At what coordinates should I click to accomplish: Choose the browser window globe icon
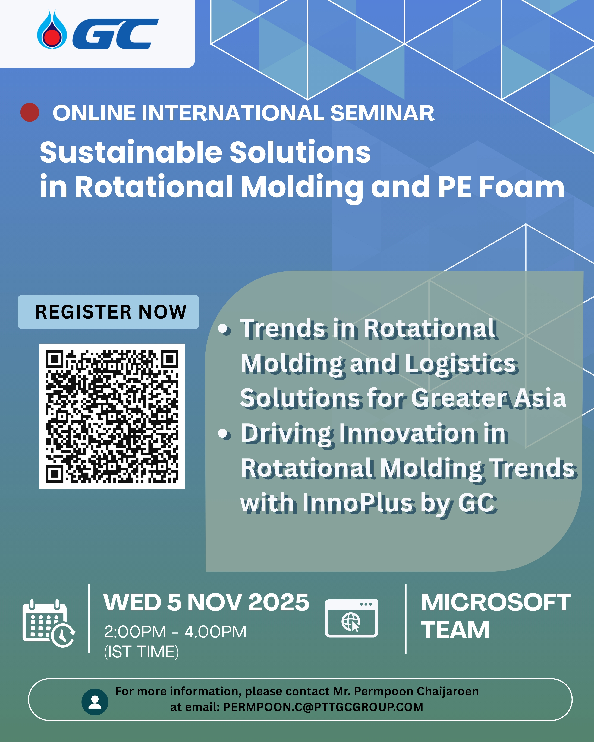pyautogui.click(x=351, y=618)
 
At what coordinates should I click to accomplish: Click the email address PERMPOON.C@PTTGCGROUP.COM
pyautogui.click(x=323, y=707)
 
